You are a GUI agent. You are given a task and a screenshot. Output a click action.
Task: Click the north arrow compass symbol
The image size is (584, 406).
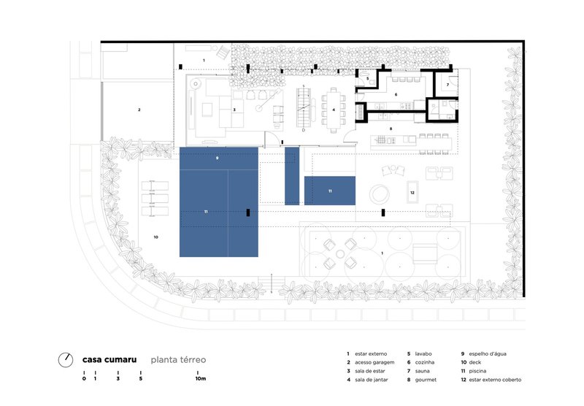point(66,360)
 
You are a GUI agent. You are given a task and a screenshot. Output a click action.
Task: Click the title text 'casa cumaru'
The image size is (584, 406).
point(109,360)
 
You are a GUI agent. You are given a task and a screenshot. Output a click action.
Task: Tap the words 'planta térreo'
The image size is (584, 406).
point(178,360)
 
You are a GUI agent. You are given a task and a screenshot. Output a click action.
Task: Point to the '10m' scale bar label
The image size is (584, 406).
point(200,379)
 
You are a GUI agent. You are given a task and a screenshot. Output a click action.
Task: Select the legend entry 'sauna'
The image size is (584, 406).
point(423,371)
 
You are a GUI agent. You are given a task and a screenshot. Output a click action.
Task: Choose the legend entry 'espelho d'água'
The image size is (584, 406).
point(488,354)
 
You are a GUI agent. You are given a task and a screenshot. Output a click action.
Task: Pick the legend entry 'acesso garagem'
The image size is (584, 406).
point(374,362)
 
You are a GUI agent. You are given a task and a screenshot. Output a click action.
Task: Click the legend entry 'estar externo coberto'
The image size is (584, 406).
point(495,380)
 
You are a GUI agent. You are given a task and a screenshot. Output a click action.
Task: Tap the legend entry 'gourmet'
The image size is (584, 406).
point(426,380)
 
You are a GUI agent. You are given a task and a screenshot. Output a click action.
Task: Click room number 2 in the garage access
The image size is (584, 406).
point(139,110)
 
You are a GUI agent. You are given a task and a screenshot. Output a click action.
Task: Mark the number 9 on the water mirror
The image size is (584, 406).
point(217,158)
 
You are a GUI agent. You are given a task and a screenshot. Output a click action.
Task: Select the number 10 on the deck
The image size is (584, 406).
point(155,237)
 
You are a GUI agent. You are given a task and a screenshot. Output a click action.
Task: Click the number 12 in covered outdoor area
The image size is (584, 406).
point(412,193)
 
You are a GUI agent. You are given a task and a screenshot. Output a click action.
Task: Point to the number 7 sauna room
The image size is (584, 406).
point(447,85)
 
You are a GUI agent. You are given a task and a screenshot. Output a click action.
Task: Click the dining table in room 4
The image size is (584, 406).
point(334,110)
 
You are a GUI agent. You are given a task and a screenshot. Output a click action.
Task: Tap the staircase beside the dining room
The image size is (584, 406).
point(304,107)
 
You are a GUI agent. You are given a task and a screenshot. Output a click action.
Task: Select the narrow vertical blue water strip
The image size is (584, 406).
point(292,176)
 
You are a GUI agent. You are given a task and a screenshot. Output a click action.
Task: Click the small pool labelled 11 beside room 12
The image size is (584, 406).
point(330,191)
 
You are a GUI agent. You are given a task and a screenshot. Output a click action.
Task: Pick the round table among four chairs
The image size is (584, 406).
point(340,254)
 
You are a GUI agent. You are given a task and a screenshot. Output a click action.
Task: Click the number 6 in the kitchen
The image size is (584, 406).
point(396,95)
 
